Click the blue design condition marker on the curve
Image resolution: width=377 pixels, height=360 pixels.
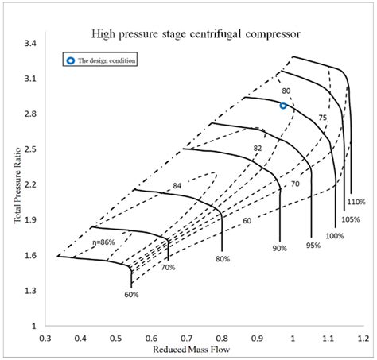(x=283, y=105)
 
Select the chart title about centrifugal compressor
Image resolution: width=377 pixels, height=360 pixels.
(x=195, y=34)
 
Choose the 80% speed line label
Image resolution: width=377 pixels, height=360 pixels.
(x=222, y=259)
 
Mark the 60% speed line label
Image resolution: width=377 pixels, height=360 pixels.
(x=131, y=295)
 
